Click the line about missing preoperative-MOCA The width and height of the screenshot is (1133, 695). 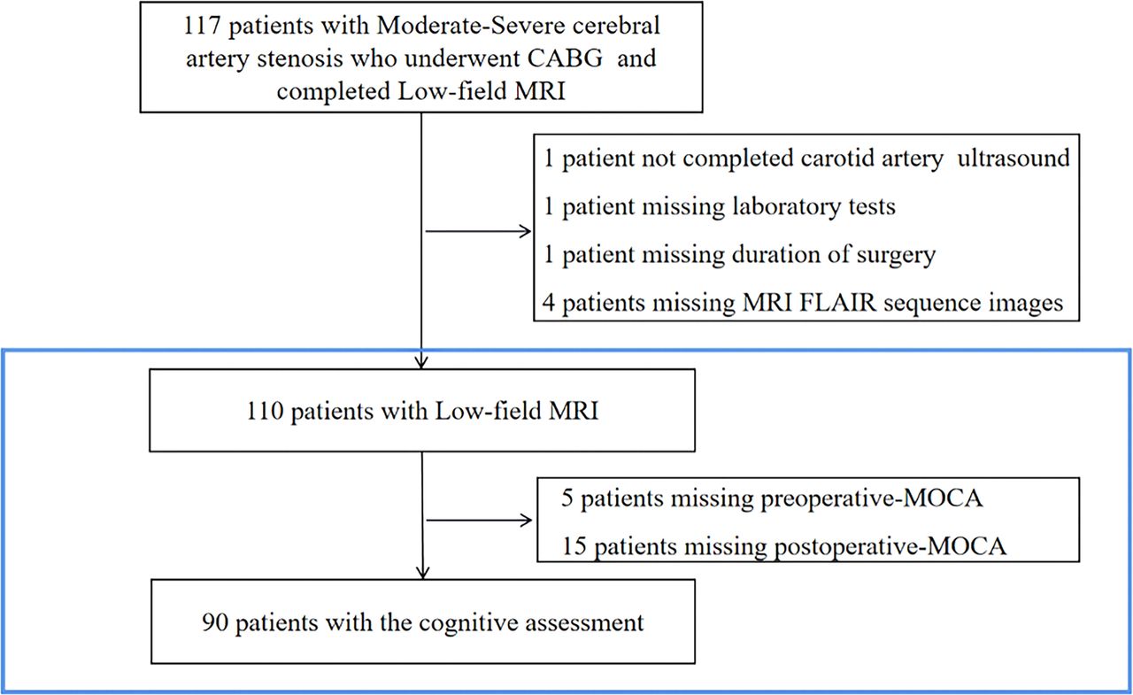tap(772, 498)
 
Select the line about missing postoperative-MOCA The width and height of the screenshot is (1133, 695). tap(783, 546)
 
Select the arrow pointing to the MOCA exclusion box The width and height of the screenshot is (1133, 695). tap(478, 521)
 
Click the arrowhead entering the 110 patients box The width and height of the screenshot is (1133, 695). tap(423, 361)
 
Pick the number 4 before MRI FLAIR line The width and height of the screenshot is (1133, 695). tap(548, 303)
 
